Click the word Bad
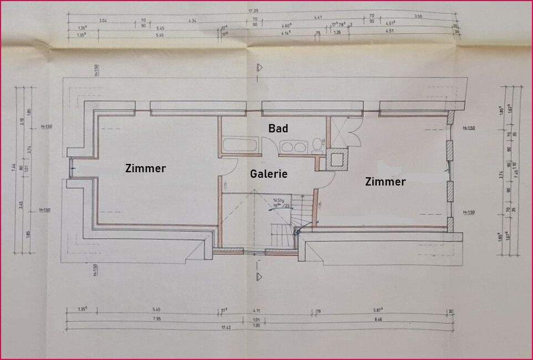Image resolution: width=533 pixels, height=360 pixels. point(278,128)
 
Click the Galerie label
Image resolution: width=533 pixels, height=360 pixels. point(269,173)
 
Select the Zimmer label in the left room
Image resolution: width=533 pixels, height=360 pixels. point(145,168)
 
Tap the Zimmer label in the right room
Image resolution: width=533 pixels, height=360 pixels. point(385,181)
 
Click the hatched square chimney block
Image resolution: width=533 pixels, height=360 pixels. point(337,160)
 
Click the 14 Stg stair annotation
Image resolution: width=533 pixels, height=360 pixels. point(278,200)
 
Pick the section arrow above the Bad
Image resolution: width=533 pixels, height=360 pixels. point(259,68)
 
